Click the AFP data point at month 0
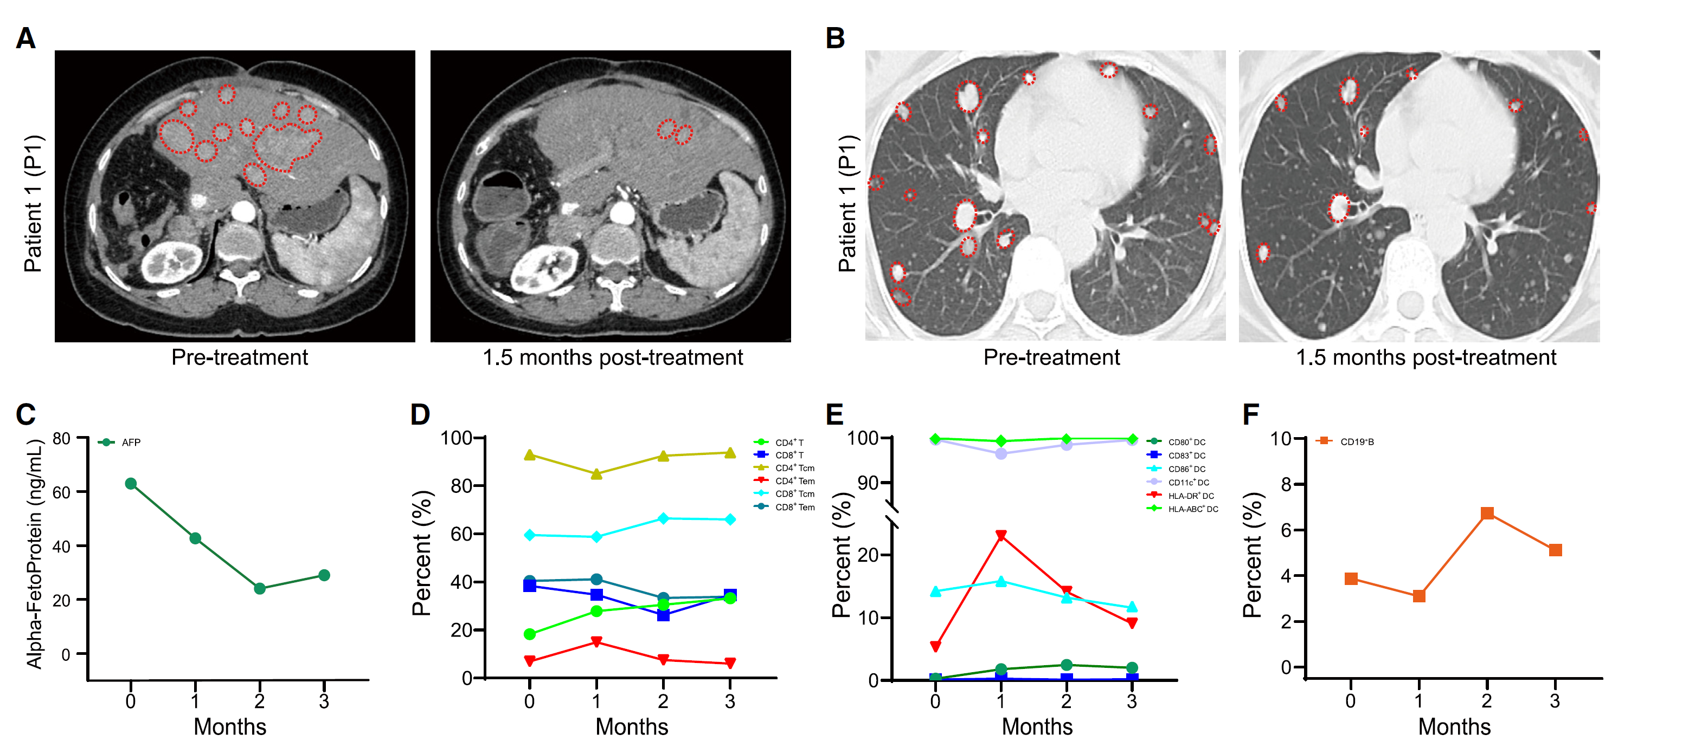click(131, 484)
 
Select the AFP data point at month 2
click(260, 588)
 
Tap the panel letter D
click(420, 415)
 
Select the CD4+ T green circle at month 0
click(530, 634)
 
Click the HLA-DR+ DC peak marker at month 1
click(1001, 535)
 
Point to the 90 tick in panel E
click(868, 483)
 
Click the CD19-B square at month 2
click(1487, 513)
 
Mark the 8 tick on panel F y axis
click(1286, 485)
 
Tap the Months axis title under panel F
click(1454, 727)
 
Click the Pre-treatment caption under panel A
click(239, 358)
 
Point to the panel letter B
click(835, 38)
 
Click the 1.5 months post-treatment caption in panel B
click(1426, 358)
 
